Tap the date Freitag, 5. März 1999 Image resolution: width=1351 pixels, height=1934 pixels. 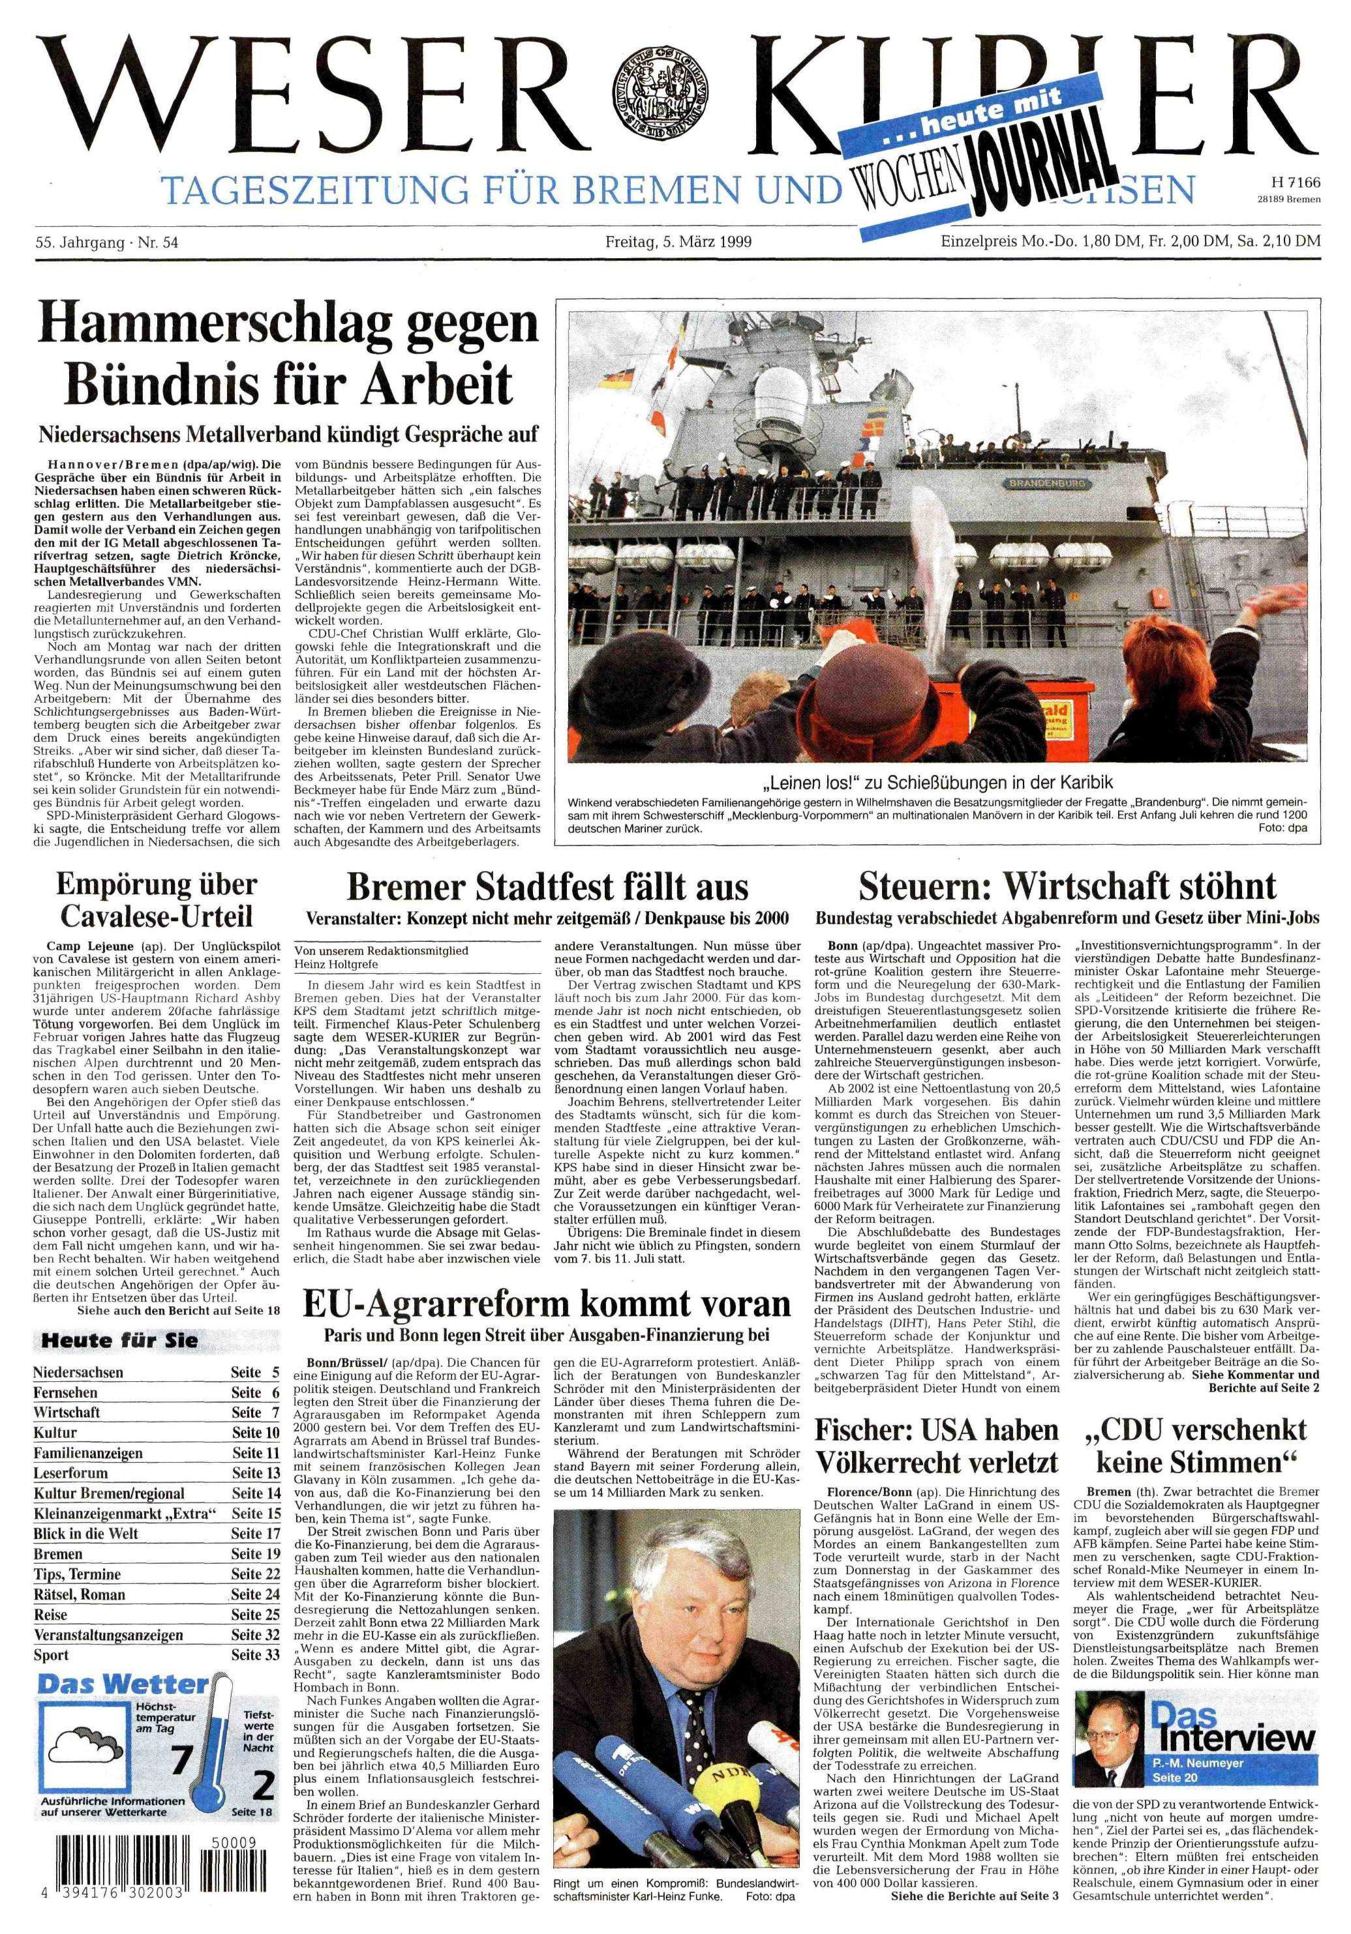pos(678,242)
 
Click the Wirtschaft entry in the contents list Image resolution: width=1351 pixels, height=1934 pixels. pos(67,1412)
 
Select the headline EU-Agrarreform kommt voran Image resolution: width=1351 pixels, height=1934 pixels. pos(547,1304)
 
